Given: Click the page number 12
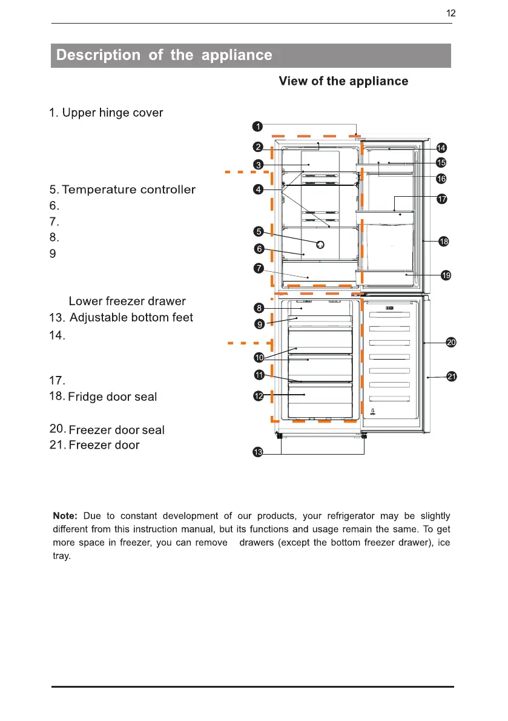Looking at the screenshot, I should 450,13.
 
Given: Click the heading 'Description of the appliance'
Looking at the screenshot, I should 164,56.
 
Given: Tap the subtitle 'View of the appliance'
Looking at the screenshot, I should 343,81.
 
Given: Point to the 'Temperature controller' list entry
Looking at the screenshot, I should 128,190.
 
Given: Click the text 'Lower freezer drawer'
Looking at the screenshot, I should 127,301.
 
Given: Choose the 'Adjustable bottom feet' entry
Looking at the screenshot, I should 131,318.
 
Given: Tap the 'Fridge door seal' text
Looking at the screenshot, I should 113,397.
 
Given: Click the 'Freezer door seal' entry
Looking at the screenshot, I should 116,430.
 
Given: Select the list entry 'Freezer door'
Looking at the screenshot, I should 104,446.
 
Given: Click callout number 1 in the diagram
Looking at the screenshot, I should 257,126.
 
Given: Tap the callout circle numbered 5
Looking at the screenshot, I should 259,231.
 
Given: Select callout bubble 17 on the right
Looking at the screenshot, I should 442,199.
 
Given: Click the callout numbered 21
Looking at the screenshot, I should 451,377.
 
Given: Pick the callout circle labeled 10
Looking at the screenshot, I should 259,357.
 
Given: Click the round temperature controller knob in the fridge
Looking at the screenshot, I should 320,244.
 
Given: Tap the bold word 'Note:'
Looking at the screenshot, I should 65,516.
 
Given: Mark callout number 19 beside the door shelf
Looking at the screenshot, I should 446,275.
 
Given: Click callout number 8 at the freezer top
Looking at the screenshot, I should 259,308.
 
